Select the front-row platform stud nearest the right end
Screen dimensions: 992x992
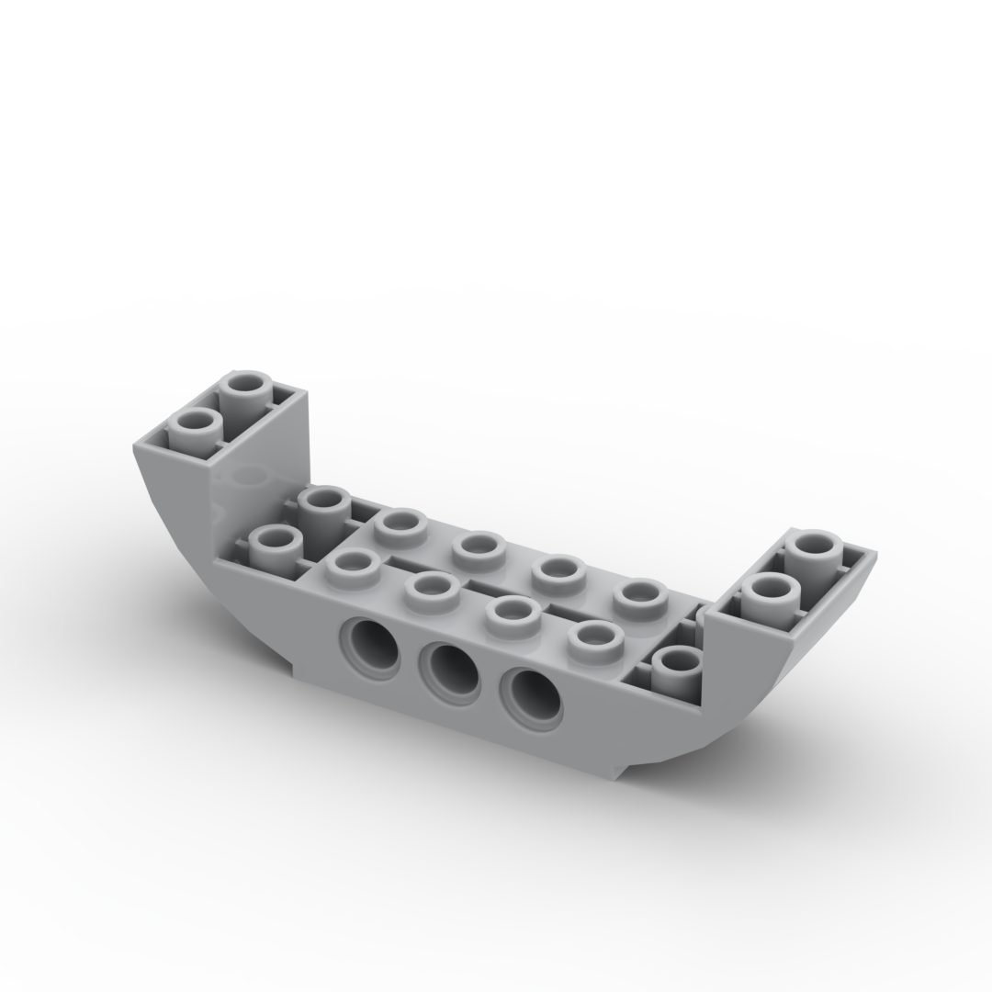589,635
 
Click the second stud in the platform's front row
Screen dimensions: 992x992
430,585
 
